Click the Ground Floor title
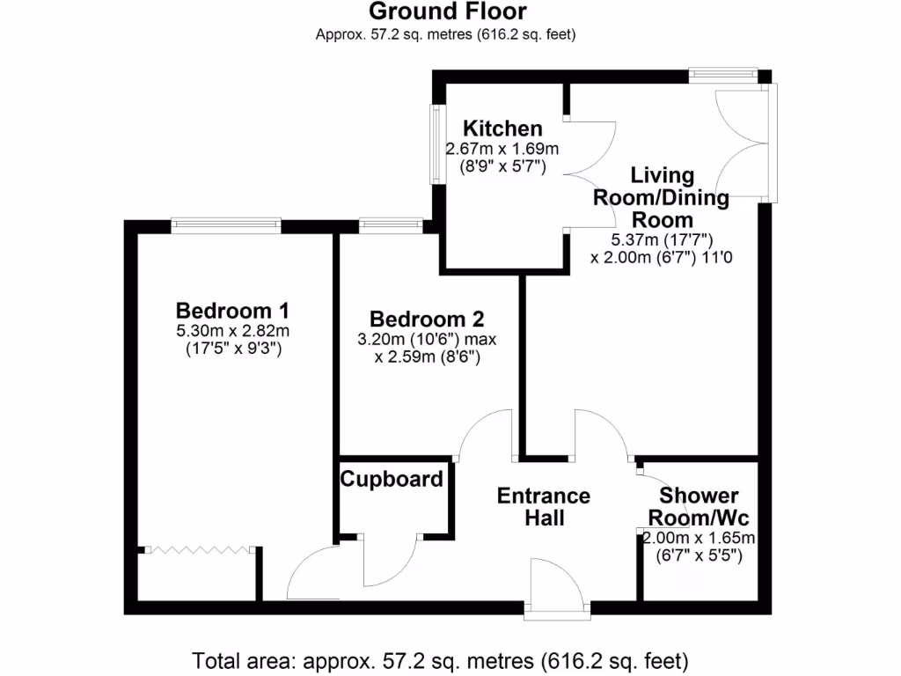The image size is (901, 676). [447, 11]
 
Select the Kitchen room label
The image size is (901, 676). [503, 129]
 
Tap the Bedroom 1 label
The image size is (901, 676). [232, 311]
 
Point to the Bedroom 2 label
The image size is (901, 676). [427, 319]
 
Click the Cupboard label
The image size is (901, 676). [392, 480]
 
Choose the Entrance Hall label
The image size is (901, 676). [544, 507]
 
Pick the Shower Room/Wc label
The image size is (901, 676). [699, 507]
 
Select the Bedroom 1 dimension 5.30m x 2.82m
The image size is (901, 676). [232, 331]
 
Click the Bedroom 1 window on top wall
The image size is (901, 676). [226, 225]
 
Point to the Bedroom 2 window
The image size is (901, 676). [390, 225]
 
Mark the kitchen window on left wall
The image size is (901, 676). [436, 145]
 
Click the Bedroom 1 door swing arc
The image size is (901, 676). [312, 570]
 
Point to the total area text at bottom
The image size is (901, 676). [440, 658]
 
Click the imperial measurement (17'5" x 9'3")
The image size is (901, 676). [232, 348]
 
